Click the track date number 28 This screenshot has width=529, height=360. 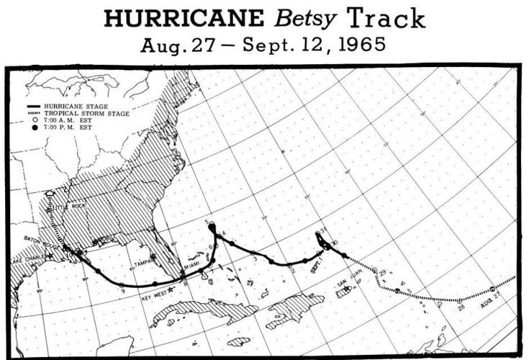[461, 308]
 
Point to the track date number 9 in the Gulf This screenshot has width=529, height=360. [123, 290]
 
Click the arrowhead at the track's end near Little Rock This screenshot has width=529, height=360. [50, 194]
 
